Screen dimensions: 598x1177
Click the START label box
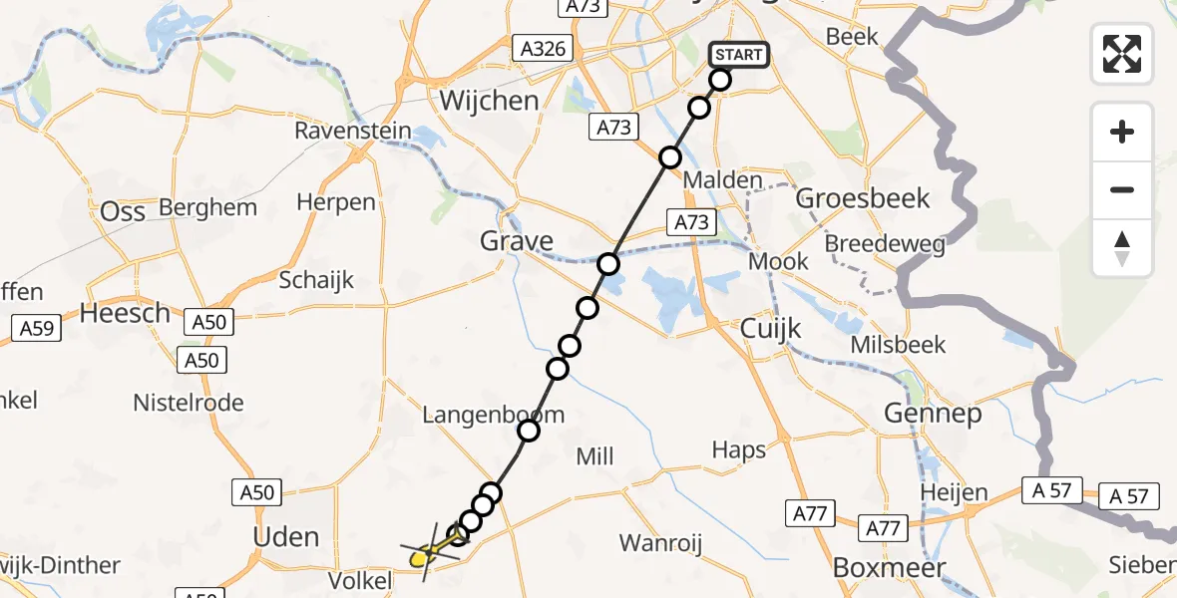click(739, 55)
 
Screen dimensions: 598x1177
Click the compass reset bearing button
click(1122, 248)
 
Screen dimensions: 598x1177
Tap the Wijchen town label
click(490, 101)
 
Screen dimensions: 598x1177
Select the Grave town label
click(517, 241)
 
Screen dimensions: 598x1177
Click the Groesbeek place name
click(863, 198)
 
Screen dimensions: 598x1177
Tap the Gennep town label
click(932, 413)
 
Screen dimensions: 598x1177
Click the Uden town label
click(287, 537)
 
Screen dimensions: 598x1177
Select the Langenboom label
click(493, 415)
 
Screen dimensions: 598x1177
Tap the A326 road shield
click(543, 48)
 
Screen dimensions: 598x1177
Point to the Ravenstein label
click(352, 132)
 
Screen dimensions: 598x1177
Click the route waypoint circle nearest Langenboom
click(529, 431)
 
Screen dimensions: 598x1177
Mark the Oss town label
click(123, 211)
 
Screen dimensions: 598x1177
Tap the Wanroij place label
click(661, 543)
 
